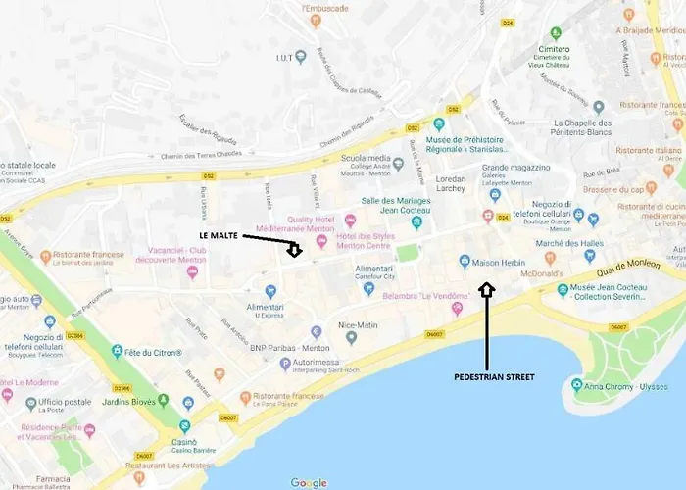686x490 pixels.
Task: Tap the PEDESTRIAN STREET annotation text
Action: tap(494, 376)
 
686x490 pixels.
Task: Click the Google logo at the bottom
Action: tap(309, 481)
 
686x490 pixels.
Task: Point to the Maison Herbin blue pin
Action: tap(465, 261)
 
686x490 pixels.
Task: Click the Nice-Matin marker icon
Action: tap(351, 338)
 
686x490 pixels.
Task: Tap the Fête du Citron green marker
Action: tap(117, 351)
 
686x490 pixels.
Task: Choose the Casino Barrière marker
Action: tap(184, 426)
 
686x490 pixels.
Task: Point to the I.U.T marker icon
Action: tap(301, 56)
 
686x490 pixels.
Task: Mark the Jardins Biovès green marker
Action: tap(163, 400)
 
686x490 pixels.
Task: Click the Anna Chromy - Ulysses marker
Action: tap(576, 385)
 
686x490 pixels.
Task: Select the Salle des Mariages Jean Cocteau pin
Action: tap(416, 222)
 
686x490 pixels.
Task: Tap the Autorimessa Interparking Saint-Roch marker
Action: tap(285, 364)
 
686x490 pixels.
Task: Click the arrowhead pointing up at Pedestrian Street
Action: tap(487, 289)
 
